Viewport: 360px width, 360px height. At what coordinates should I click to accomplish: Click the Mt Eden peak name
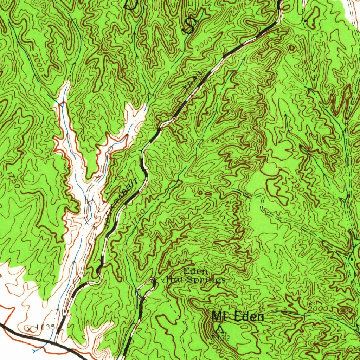[x=238, y=317]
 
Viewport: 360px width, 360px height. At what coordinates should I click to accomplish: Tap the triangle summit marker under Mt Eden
[x=220, y=330]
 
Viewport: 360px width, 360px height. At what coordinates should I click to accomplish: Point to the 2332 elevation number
[x=220, y=338]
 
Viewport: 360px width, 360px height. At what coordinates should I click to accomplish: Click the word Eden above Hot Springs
[x=192, y=271]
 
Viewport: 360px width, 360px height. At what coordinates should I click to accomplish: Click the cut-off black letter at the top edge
[x=132, y=4]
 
